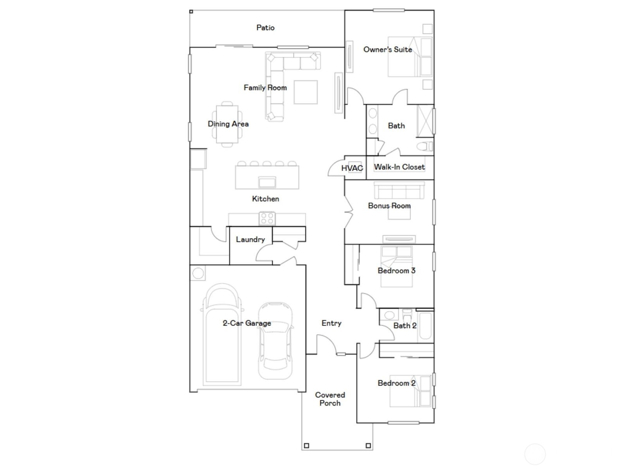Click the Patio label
click(265, 28)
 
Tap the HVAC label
click(352, 168)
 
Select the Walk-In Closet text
click(399, 167)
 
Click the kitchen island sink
click(267, 182)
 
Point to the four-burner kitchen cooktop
click(267, 218)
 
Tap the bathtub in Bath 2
click(425, 325)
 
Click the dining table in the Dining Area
click(227, 124)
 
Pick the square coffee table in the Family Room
click(306, 92)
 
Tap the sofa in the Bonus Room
click(399, 190)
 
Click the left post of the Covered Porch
click(306, 445)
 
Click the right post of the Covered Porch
click(368, 445)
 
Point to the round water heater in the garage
click(198, 273)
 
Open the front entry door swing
click(326, 344)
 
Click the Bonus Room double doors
click(348, 212)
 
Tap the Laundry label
click(250, 239)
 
